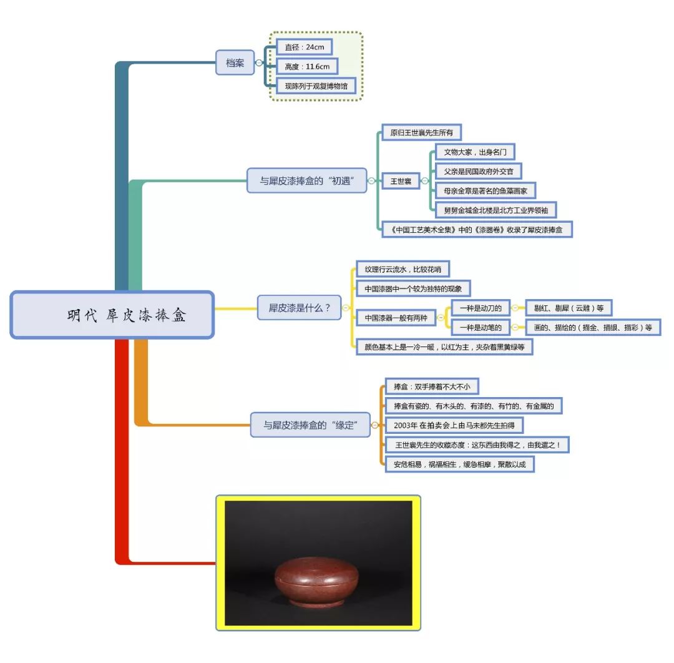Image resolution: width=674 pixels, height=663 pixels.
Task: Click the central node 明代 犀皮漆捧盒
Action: point(112,315)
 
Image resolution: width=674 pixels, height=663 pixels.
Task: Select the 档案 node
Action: point(235,62)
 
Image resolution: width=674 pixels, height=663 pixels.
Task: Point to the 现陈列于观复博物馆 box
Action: point(316,86)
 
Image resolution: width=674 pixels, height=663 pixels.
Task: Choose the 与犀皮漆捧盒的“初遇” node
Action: point(307,180)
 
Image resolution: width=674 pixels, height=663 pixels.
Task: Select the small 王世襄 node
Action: point(400,181)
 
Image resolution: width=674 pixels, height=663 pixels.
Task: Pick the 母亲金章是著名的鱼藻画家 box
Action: point(485,190)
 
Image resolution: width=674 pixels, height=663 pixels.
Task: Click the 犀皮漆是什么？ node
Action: point(300,308)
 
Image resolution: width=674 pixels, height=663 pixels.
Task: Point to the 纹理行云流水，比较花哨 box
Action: point(403,270)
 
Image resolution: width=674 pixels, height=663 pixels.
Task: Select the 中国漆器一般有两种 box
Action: point(396,318)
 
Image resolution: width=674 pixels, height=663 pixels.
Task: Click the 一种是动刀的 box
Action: point(480,308)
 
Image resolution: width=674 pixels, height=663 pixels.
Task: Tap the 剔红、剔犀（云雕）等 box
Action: point(569,308)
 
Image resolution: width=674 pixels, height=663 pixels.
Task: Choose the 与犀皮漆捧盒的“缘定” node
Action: point(310,425)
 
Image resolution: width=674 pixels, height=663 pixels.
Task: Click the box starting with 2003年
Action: point(454,425)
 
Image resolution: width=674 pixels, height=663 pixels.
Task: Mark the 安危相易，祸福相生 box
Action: point(459,464)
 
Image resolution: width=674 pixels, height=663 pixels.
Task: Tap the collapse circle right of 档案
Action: point(259,62)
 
